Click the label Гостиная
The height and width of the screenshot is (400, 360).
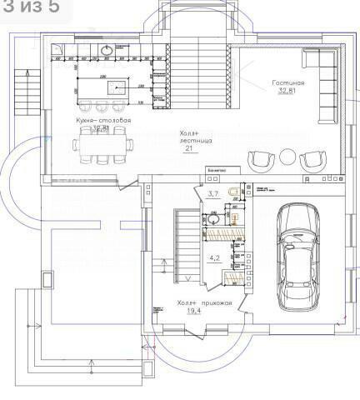(288, 83)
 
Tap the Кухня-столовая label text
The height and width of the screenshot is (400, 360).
(103, 121)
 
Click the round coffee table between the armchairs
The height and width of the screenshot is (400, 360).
(288, 156)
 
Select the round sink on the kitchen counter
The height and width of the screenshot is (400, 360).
(109, 49)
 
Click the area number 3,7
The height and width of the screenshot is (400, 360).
(212, 194)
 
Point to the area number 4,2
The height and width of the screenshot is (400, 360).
(215, 258)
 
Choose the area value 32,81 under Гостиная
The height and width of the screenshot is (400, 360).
(287, 92)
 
